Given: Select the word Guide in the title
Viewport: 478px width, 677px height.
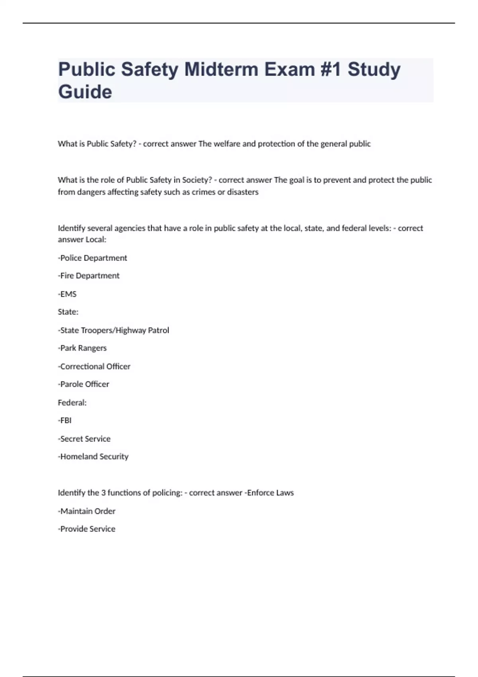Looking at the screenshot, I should pyautogui.click(x=85, y=92).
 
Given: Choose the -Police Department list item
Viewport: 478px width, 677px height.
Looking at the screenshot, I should pyautogui.click(x=93, y=258).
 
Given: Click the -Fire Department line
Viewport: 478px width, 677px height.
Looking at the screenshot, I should pyautogui.click(x=89, y=276).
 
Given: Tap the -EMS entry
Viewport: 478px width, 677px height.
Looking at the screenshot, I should pyautogui.click(x=67, y=294).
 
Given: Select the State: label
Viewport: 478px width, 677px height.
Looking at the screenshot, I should pyautogui.click(x=68, y=312).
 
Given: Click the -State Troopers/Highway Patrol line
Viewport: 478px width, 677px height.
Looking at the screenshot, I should pyautogui.click(x=114, y=330).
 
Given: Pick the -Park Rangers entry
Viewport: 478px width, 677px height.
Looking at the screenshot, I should pyautogui.click(x=82, y=348).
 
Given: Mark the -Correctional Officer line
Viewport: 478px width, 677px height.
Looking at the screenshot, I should pyautogui.click(x=94, y=366).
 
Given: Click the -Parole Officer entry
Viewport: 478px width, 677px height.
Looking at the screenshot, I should pyautogui.click(x=84, y=384).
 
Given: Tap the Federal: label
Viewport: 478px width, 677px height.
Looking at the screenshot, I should pyautogui.click(x=72, y=403).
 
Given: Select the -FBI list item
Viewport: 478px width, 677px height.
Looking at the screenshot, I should pyautogui.click(x=65, y=421).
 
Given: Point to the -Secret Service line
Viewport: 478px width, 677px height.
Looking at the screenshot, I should pyautogui.click(x=84, y=439).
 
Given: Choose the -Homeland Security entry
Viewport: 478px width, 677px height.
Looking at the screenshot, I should pyautogui.click(x=93, y=457).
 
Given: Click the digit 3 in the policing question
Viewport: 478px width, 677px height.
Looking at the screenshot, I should pyautogui.click(x=104, y=493).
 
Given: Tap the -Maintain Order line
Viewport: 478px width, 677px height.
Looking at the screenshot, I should pyautogui.click(x=87, y=511).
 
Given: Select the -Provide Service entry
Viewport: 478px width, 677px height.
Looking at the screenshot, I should pyautogui.click(x=87, y=529).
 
